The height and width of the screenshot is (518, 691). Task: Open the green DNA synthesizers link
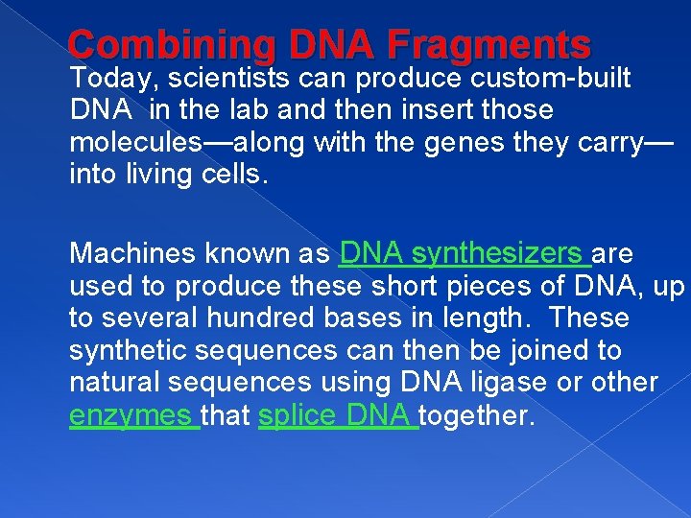click(465, 253)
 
